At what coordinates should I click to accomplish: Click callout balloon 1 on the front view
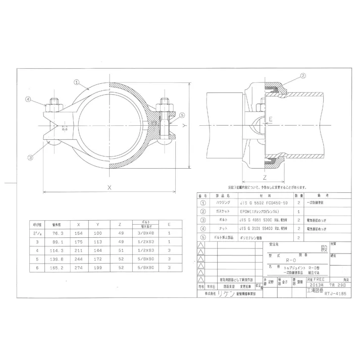pos(76,81)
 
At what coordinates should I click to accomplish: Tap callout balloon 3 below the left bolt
pos(30,158)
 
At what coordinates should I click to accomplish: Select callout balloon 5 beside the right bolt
pos(182,115)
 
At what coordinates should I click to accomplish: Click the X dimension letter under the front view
pos(110,186)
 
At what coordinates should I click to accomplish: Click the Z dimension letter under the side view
pos(265,178)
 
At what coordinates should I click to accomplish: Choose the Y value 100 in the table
pos(98,233)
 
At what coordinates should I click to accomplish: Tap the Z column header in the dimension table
pos(119,224)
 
